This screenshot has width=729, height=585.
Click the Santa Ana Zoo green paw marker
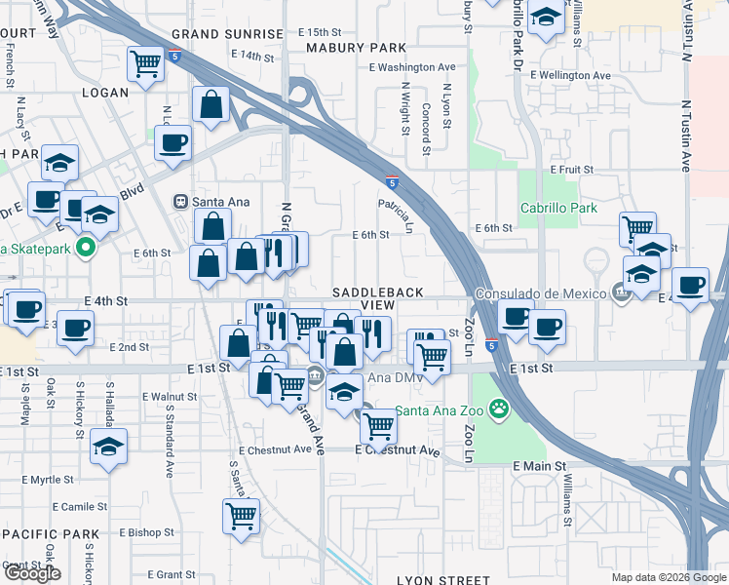point(500,408)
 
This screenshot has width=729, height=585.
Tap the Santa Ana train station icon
point(180,202)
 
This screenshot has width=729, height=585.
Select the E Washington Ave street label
point(412,67)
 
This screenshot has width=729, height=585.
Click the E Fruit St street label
point(572,169)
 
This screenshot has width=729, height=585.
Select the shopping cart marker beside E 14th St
point(145,64)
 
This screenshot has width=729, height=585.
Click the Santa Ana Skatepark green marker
point(85,248)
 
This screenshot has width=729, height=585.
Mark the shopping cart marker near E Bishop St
point(241,515)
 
